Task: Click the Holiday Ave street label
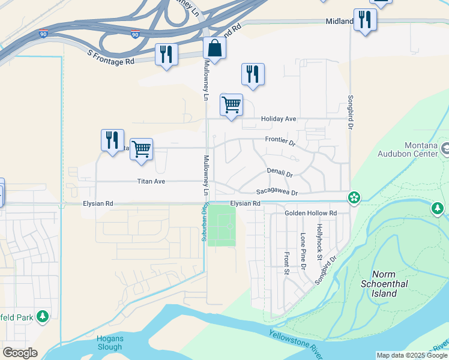[279, 119]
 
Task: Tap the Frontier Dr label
[281, 141]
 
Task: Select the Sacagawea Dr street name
[277, 192]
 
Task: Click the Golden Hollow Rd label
[310, 213]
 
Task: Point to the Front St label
[287, 263]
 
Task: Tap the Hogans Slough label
[110, 343]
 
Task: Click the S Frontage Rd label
[110, 58]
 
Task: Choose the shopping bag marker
[214, 49]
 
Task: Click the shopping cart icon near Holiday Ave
[231, 104]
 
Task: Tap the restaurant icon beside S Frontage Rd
[166, 55]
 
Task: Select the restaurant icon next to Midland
[364, 20]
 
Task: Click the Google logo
[20, 352]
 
